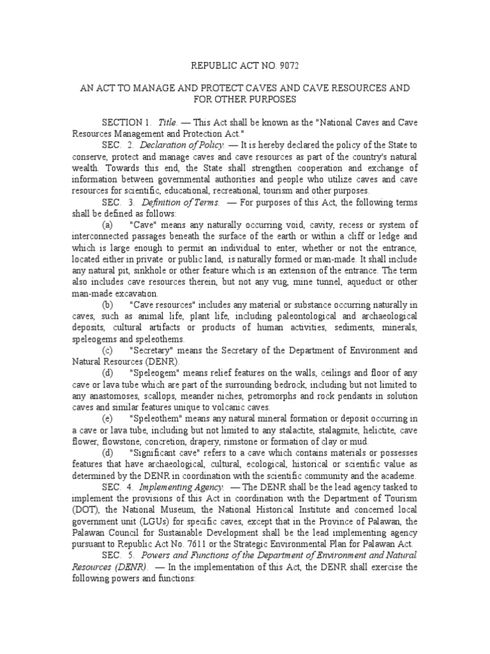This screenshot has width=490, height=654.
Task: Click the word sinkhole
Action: click(x=128, y=271)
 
